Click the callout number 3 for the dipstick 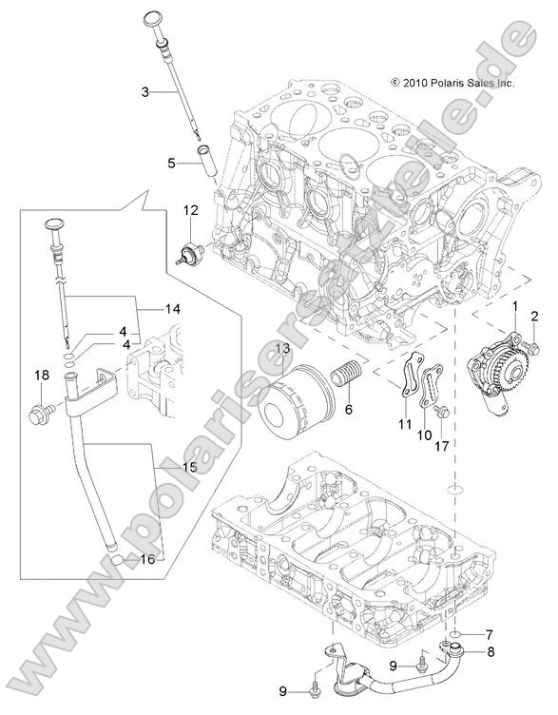144,92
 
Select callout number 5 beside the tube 171,164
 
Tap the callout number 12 190,210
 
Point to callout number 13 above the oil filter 282,350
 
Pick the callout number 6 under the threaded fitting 348,409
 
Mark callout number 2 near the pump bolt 534,316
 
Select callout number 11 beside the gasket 403,423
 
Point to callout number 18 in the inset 40,377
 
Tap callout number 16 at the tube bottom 146,559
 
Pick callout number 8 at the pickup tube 491,651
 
